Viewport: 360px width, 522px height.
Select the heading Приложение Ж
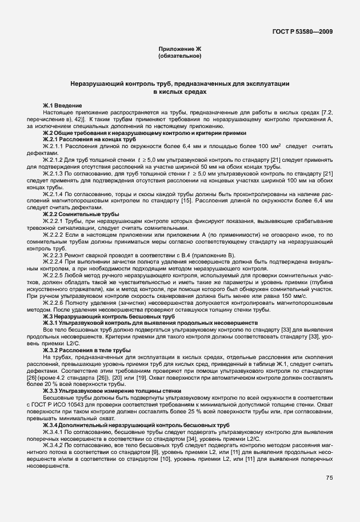click(179, 50)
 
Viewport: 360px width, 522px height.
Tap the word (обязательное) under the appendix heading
click(179, 57)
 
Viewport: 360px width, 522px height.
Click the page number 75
click(329, 478)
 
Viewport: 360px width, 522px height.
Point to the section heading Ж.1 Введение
click(62, 106)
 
